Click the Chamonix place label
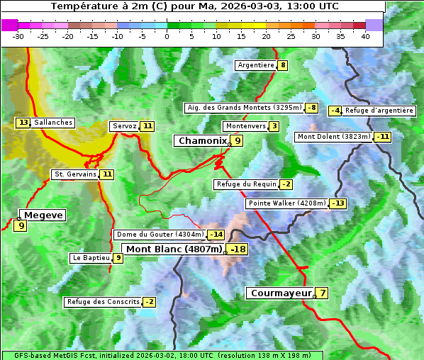click(201, 141)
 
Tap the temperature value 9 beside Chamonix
click(238, 141)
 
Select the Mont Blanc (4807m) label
click(174, 249)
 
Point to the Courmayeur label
click(281, 293)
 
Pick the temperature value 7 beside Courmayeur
click(322, 293)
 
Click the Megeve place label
click(43, 215)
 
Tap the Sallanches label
click(53, 123)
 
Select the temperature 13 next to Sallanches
click(23, 123)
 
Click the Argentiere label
click(256, 65)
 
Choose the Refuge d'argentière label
click(379, 111)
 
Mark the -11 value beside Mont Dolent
click(383, 137)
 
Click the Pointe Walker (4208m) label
click(286, 203)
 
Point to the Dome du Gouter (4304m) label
click(160, 235)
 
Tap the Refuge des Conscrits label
click(103, 302)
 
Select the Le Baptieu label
click(91, 258)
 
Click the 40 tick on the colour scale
click(365, 36)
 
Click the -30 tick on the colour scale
click(18, 36)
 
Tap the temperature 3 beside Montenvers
click(274, 126)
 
